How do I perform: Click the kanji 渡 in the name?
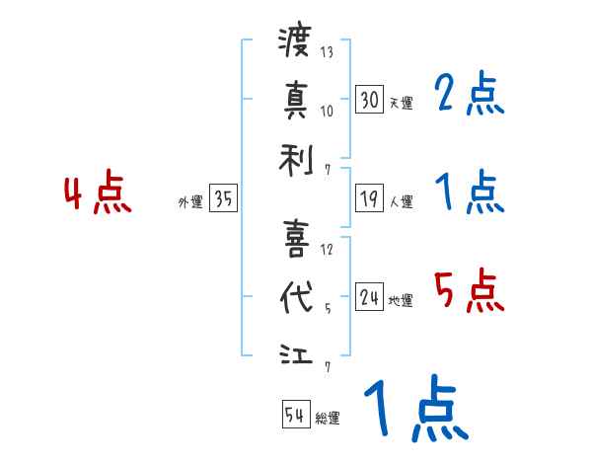tap(295, 42)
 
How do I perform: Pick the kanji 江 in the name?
tap(295, 353)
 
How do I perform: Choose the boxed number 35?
tap(223, 199)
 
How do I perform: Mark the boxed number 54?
tap(295, 415)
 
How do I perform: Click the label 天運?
tap(401, 103)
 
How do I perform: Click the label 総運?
tap(328, 419)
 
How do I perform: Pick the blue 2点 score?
tap(469, 96)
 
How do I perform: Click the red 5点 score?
tap(469, 292)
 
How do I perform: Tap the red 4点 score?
tap(98, 194)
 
